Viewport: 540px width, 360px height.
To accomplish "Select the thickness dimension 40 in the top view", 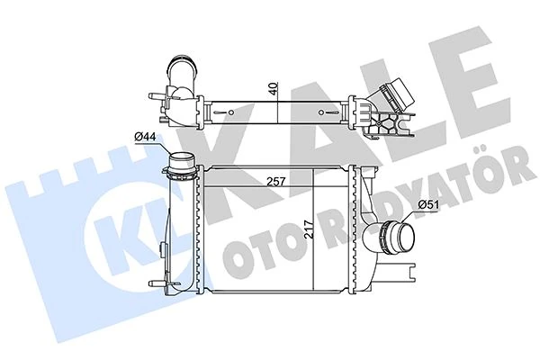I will click(273, 90).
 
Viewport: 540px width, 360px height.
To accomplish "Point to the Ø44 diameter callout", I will click(146, 137).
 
